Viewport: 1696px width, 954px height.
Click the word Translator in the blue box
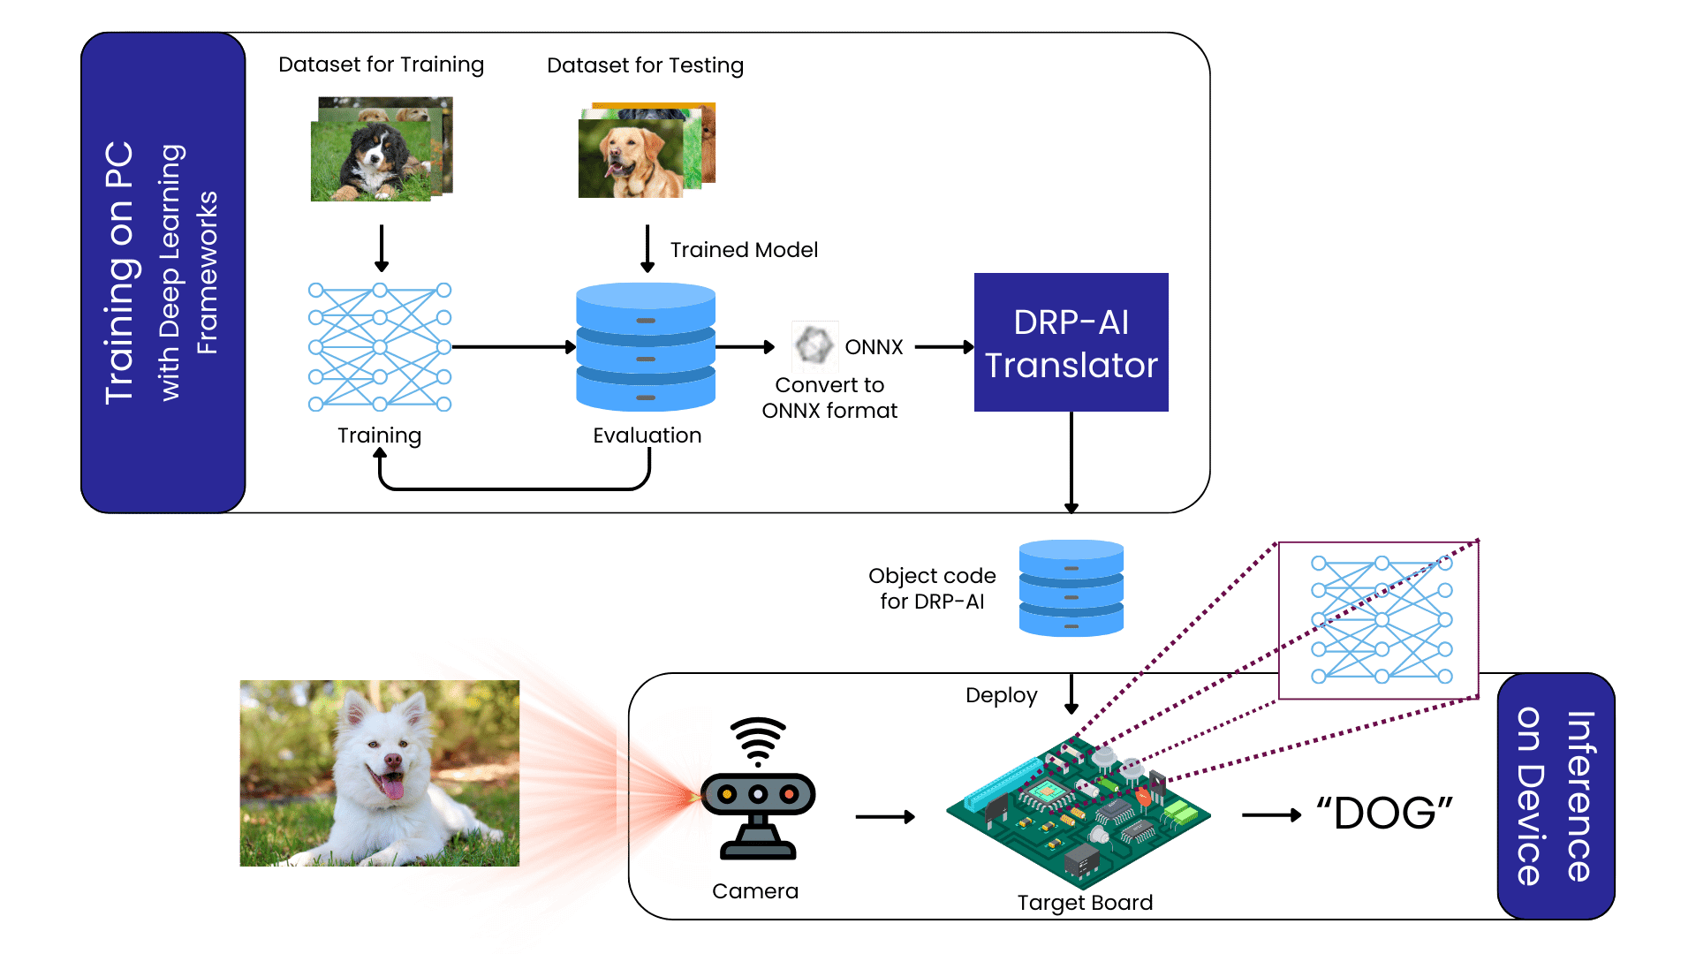(1071, 366)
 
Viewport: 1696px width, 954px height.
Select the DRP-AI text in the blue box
(1071, 322)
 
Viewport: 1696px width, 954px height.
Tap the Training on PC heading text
(119, 273)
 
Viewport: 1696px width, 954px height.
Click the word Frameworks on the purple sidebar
(207, 273)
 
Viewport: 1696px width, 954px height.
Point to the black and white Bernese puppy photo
(375, 159)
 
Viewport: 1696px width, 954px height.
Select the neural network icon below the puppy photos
(380, 347)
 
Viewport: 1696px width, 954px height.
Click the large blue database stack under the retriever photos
(646, 346)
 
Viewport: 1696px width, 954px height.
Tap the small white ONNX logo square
(814, 346)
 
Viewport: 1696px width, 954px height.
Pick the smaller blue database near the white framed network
(1071, 588)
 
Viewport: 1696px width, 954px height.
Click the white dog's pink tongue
(390, 785)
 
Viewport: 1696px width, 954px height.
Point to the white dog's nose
(392, 759)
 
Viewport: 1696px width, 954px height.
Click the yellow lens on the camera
(726, 794)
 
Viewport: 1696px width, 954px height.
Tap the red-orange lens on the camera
(789, 794)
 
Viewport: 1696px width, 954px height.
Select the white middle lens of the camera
(757, 794)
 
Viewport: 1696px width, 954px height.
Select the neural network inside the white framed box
(1381, 620)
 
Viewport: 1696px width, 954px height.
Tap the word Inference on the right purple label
(1580, 796)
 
